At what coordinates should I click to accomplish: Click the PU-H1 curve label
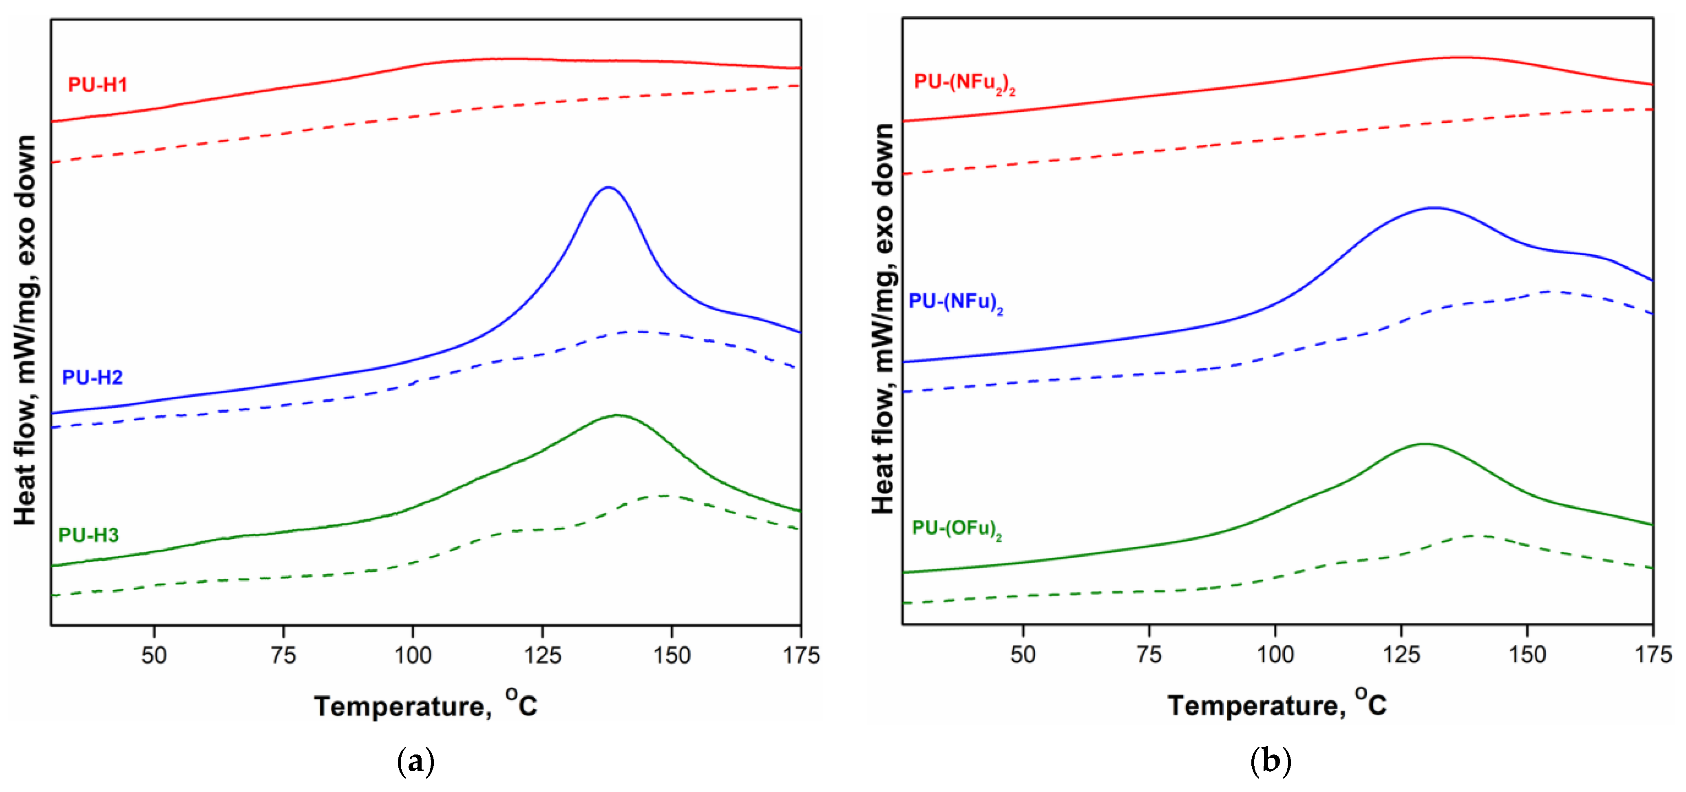[97, 84]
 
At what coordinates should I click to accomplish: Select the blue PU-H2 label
[92, 377]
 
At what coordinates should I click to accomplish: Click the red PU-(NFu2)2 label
[964, 83]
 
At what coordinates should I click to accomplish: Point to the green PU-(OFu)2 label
[956, 529]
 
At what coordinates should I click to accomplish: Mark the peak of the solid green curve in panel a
[617, 415]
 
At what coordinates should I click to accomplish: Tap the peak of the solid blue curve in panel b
[1433, 208]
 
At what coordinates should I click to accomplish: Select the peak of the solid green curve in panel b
[1423, 444]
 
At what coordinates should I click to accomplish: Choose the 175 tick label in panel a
[800, 655]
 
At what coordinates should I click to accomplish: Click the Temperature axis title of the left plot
[425, 705]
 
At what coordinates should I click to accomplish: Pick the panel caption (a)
[415, 762]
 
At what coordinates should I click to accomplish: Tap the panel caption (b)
[1271, 762]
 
